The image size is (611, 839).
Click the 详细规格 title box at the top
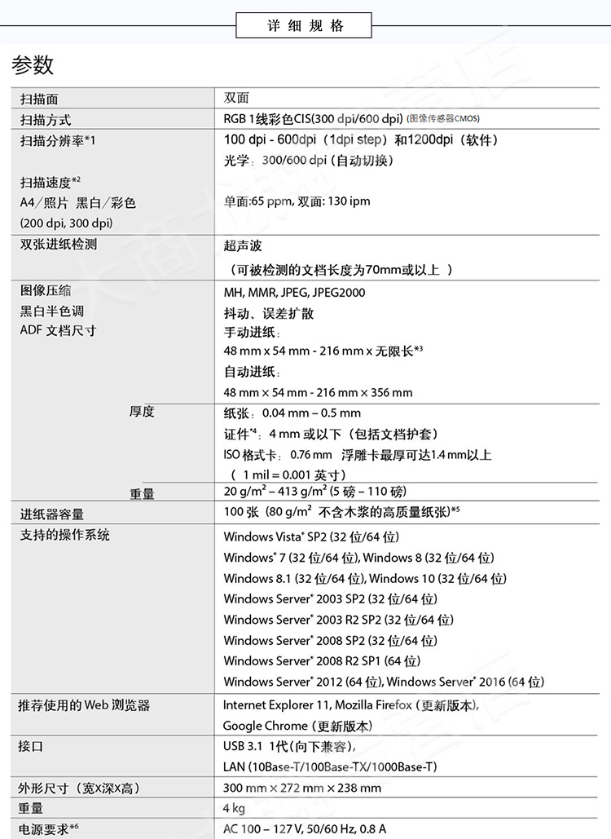pos(305,25)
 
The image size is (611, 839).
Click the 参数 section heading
pos(33,65)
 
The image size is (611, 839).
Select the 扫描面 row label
pos(39,99)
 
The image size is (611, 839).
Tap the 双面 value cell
pos(236,98)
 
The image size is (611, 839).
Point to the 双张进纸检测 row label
pos(59,244)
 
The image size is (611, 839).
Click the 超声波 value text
pos(243,245)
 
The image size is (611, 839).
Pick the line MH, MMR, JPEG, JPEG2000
pos(294,292)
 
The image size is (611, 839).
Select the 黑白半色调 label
pos(51,311)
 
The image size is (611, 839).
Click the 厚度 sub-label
pos(142,412)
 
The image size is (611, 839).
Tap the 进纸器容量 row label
pos(52,514)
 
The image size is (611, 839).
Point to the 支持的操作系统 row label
pos(65,536)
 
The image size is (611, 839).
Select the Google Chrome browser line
pos(297,726)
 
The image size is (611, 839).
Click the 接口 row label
pos(31,746)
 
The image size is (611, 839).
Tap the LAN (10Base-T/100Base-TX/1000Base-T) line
pos(330,766)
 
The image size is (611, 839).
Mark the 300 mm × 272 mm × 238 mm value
pos(302,788)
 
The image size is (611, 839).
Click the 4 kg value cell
pos(235,809)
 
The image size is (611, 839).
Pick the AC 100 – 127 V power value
pos(305,829)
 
